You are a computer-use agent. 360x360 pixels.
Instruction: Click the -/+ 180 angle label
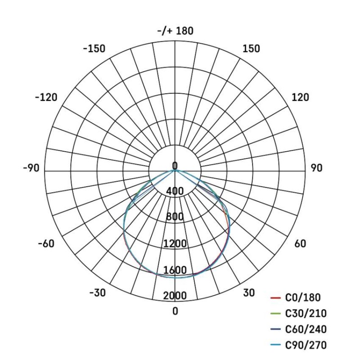(x=175, y=31)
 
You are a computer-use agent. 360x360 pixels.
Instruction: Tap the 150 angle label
(x=251, y=49)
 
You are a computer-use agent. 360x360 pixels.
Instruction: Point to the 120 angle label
(x=300, y=97)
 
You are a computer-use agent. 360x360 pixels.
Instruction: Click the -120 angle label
(x=46, y=97)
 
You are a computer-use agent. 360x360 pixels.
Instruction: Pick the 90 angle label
(x=316, y=168)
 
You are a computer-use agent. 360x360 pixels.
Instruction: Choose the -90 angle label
(x=31, y=168)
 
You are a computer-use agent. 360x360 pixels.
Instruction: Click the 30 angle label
(x=249, y=293)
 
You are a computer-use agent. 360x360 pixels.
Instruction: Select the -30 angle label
(x=97, y=293)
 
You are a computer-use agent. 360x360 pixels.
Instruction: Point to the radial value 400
(x=175, y=192)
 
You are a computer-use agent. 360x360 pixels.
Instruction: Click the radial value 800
(x=175, y=217)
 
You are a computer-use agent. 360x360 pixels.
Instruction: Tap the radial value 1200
(x=175, y=244)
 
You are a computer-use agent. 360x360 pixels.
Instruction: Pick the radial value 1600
(x=175, y=270)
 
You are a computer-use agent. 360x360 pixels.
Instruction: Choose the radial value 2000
(x=175, y=296)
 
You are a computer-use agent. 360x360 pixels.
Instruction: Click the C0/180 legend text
(x=303, y=297)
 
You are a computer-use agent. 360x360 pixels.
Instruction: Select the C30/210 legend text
(x=306, y=314)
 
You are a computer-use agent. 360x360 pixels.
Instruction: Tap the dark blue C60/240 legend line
(x=276, y=330)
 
